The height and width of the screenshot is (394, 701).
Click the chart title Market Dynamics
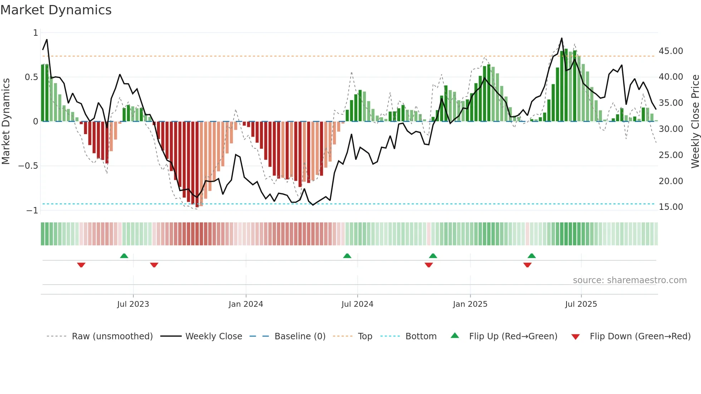(x=56, y=10)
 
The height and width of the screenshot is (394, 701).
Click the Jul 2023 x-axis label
(x=133, y=304)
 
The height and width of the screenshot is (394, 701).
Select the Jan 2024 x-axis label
(x=246, y=304)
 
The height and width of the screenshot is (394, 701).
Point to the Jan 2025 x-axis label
(x=470, y=304)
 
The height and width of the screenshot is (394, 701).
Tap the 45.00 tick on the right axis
(x=671, y=51)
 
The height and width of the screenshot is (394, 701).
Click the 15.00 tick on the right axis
(x=671, y=207)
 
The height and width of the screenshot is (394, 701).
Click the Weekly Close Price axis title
(x=695, y=122)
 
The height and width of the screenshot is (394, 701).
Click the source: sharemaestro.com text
(x=629, y=280)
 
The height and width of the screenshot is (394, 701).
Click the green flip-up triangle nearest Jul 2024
(x=347, y=256)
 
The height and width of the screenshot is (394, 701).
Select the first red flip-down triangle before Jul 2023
(x=81, y=265)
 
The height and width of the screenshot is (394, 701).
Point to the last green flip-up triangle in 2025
(x=531, y=256)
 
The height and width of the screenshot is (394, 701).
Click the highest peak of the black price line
(x=562, y=38)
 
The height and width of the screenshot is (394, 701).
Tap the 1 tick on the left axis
(x=35, y=33)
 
